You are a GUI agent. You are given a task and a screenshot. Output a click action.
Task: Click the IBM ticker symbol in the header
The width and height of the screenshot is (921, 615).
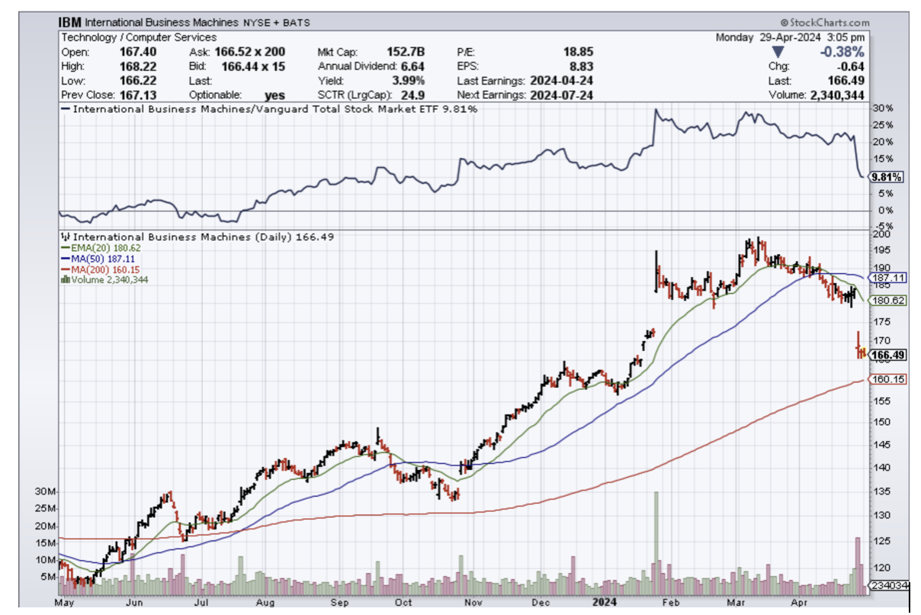(x=70, y=23)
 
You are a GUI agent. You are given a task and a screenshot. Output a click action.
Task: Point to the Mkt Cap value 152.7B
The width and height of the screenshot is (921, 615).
(x=407, y=52)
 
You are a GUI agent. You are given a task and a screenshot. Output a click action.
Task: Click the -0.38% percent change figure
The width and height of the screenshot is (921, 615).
(x=841, y=52)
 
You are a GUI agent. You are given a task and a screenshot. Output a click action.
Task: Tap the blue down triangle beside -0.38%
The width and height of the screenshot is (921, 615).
(x=778, y=52)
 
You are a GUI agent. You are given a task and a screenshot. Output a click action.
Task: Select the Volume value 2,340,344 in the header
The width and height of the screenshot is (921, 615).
(x=838, y=95)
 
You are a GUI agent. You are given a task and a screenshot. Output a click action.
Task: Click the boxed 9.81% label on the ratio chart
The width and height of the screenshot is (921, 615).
(x=887, y=177)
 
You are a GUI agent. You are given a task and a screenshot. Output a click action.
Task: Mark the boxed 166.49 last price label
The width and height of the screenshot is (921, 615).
(x=888, y=355)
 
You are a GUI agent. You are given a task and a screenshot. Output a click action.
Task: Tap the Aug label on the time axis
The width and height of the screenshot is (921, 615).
(x=264, y=602)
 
